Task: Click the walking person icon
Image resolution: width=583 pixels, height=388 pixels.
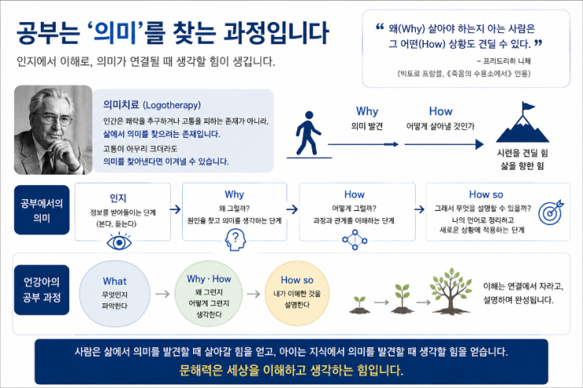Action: pyautogui.click(x=308, y=133)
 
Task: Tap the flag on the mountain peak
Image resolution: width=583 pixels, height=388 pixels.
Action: pyautogui.click(x=528, y=107)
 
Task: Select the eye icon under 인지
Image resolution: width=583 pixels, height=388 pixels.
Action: pyautogui.click(x=119, y=241)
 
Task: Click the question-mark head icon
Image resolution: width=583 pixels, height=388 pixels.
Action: pyautogui.click(x=235, y=239)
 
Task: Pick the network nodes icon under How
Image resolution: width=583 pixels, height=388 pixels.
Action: pyautogui.click(x=355, y=240)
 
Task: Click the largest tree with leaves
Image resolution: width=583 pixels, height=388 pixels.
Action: pyautogui.click(x=450, y=290)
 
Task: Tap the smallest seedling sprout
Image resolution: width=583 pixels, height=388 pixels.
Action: pyautogui.click(x=359, y=305)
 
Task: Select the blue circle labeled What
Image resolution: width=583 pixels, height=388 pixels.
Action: pyautogui.click(x=115, y=293)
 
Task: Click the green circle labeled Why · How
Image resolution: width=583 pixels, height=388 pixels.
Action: pyautogui.click(x=209, y=293)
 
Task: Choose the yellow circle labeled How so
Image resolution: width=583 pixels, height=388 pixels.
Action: pyautogui.click(x=297, y=293)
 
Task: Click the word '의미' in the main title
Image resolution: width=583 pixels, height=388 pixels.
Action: pyautogui.click(x=115, y=32)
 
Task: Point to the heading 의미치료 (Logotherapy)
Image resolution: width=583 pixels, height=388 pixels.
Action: pyautogui.click(x=151, y=105)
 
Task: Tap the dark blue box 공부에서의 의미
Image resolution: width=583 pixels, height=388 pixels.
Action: pyautogui.click(x=42, y=210)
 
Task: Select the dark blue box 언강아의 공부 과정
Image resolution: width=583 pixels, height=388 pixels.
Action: pyautogui.click(x=42, y=289)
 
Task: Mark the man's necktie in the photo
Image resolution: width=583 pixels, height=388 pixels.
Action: pyautogui.click(x=48, y=161)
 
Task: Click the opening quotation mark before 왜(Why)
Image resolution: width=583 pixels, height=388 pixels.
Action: pyautogui.click(x=380, y=27)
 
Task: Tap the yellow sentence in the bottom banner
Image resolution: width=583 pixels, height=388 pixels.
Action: pyautogui.click(x=291, y=370)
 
